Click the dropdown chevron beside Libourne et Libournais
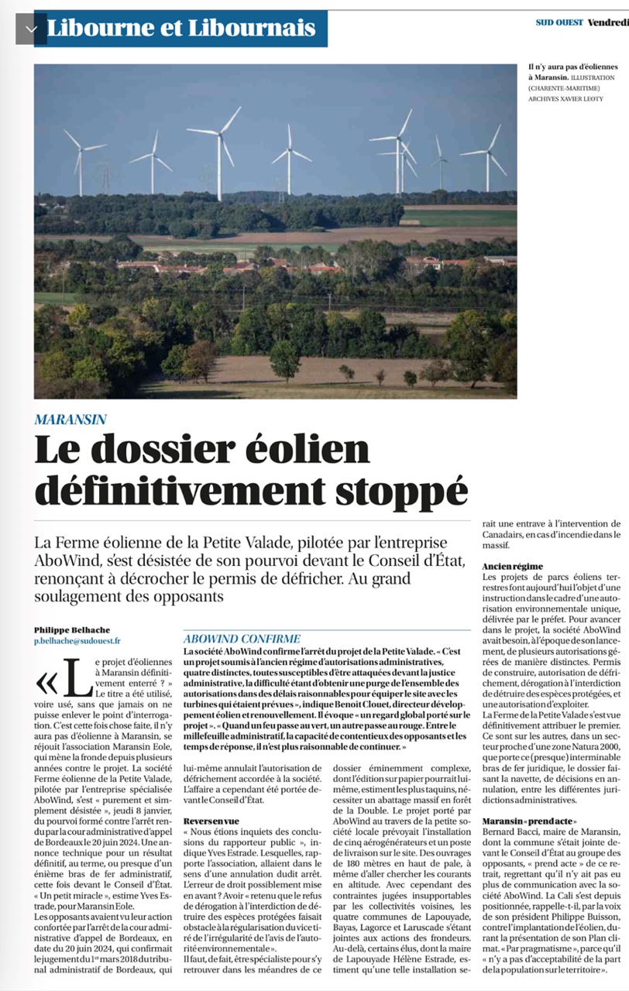(31, 29)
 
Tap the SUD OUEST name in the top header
(559, 22)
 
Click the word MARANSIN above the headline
(70, 420)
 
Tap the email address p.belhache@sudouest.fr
(77, 641)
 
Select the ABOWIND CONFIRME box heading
(242, 639)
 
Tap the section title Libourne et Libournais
(181, 29)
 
